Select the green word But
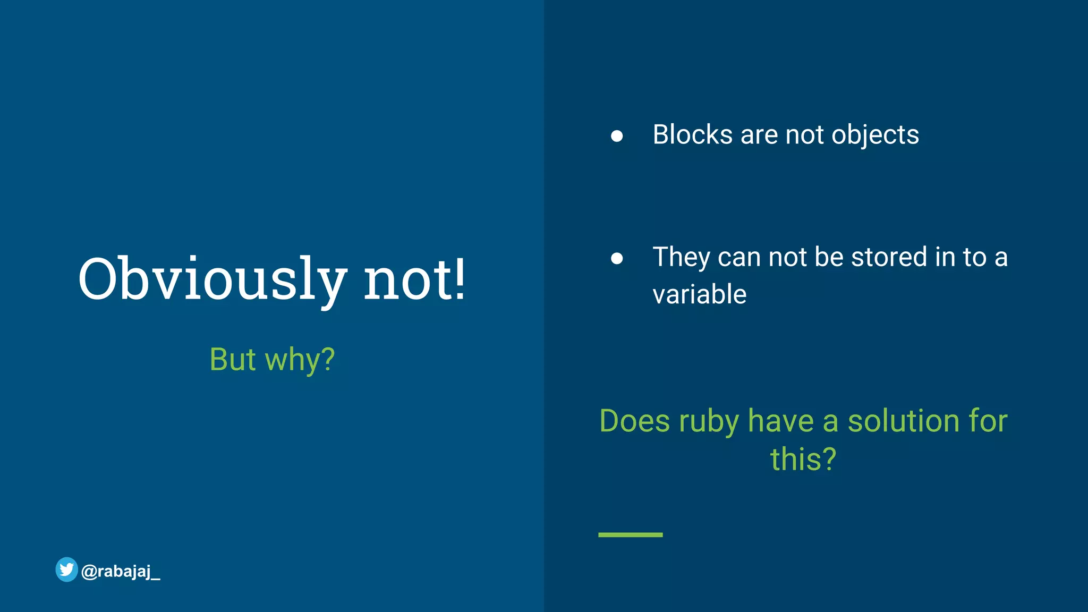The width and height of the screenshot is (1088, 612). (x=233, y=360)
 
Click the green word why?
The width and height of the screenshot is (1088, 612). (x=300, y=360)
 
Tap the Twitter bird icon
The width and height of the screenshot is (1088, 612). (x=67, y=569)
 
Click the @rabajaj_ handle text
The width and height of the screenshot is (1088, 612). (x=121, y=572)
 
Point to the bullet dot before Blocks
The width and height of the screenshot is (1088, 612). (x=617, y=136)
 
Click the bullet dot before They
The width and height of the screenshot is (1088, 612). (x=617, y=258)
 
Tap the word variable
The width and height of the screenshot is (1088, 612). (x=699, y=294)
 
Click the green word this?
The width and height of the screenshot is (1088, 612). (x=803, y=459)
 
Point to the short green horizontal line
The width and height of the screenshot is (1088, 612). (x=630, y=534)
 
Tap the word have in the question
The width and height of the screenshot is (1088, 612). (x=780, y=421)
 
